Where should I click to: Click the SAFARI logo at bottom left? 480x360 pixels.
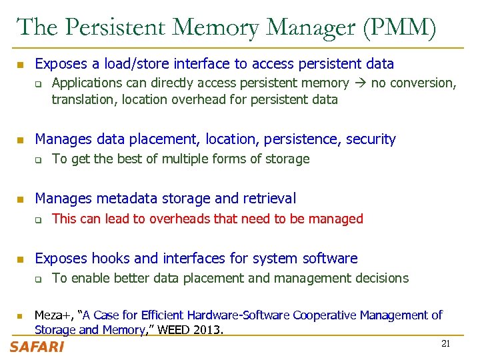click(37, 347)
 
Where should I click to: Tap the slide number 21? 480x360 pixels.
click(447, 343)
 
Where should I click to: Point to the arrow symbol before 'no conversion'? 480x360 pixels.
click(360, 83)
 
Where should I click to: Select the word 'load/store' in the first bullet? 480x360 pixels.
click(137, 64)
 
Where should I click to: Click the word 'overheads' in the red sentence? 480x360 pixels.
click(178, 219)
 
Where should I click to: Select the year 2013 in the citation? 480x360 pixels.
click(209, 330)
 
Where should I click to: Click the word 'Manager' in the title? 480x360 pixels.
click(305, 27)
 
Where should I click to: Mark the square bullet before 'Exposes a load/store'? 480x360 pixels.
click(20, 65)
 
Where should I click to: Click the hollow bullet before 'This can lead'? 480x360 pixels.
click(39, 219)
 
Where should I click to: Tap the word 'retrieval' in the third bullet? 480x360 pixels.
click(271, 198)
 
